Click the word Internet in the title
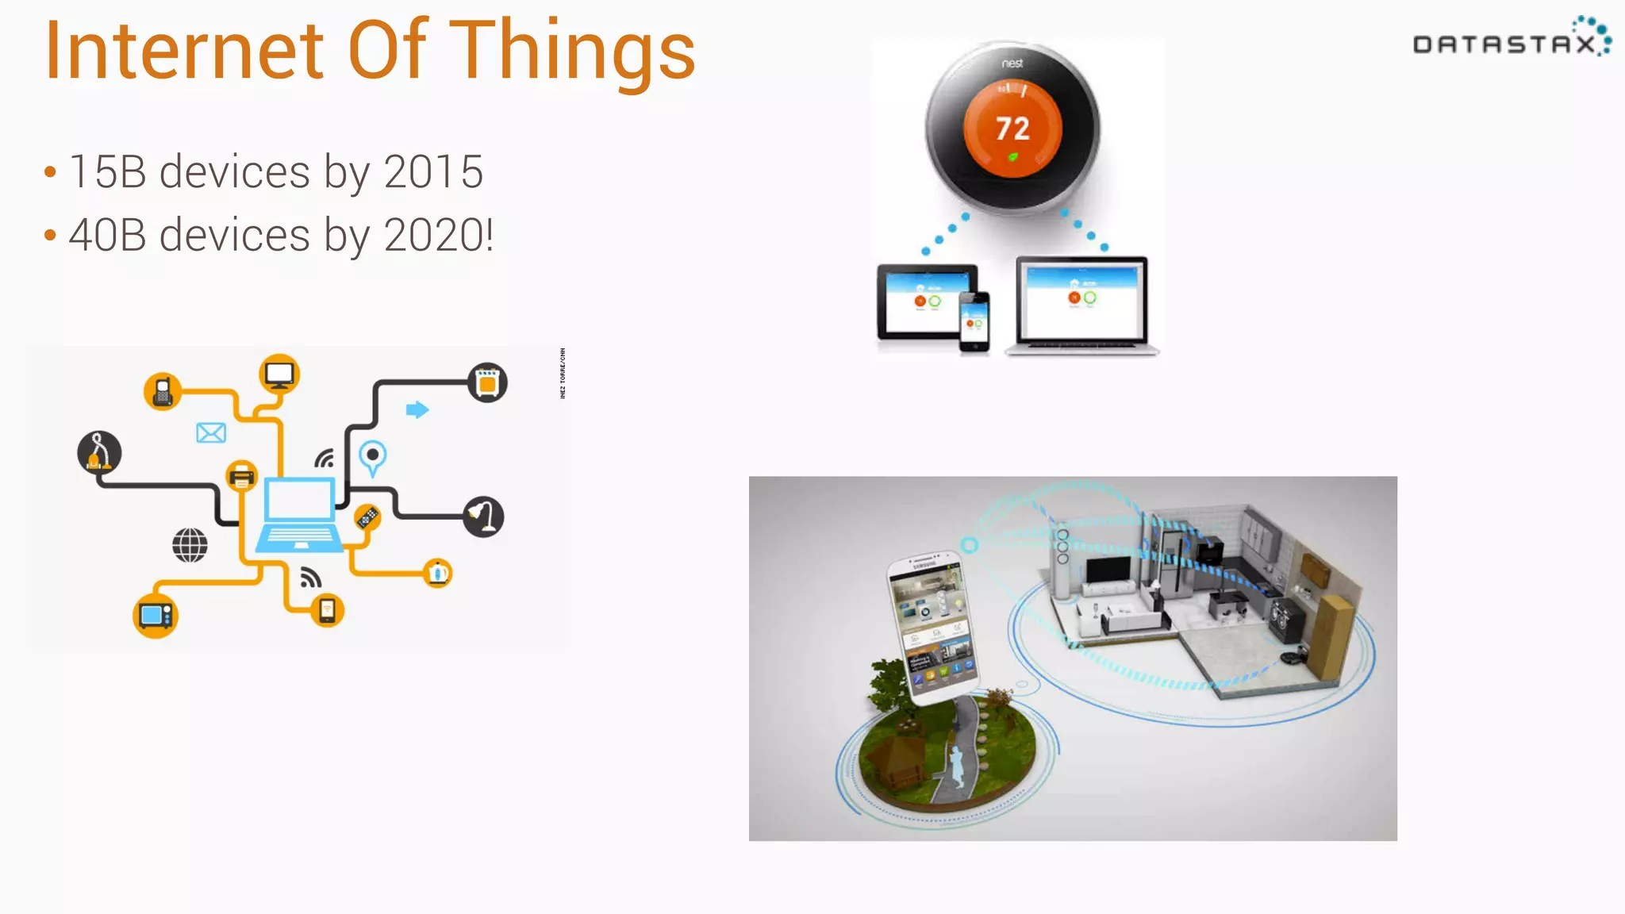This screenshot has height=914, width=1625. click(x=184, y=51)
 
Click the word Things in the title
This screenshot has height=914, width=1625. click(x=573, y=51)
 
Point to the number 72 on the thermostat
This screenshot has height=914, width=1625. click(x=1012, y=129)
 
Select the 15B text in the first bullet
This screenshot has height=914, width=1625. click(x=108, y=171)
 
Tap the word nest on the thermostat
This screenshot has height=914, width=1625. click(x=1012, y=63)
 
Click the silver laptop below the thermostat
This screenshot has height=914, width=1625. click(x=1082, y=306)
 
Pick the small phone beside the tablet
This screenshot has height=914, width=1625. click(x=974, y=321)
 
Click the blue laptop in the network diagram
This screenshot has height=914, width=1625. click(x=298, y=514)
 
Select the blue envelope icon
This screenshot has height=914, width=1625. click(x=211, y=432)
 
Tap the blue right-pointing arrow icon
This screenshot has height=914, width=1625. click(x=417, y=409)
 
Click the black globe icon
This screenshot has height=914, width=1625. click(x=190, y=545)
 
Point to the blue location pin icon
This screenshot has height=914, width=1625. click(x=372, y=457)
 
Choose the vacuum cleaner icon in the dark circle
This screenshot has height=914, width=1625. click(x=99, y=452)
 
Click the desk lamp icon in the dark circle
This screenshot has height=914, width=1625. click(x=483, y=517)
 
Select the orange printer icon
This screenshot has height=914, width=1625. click(x=242, y=476)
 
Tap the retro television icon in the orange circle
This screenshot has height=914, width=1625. click(x=155, y=616)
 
